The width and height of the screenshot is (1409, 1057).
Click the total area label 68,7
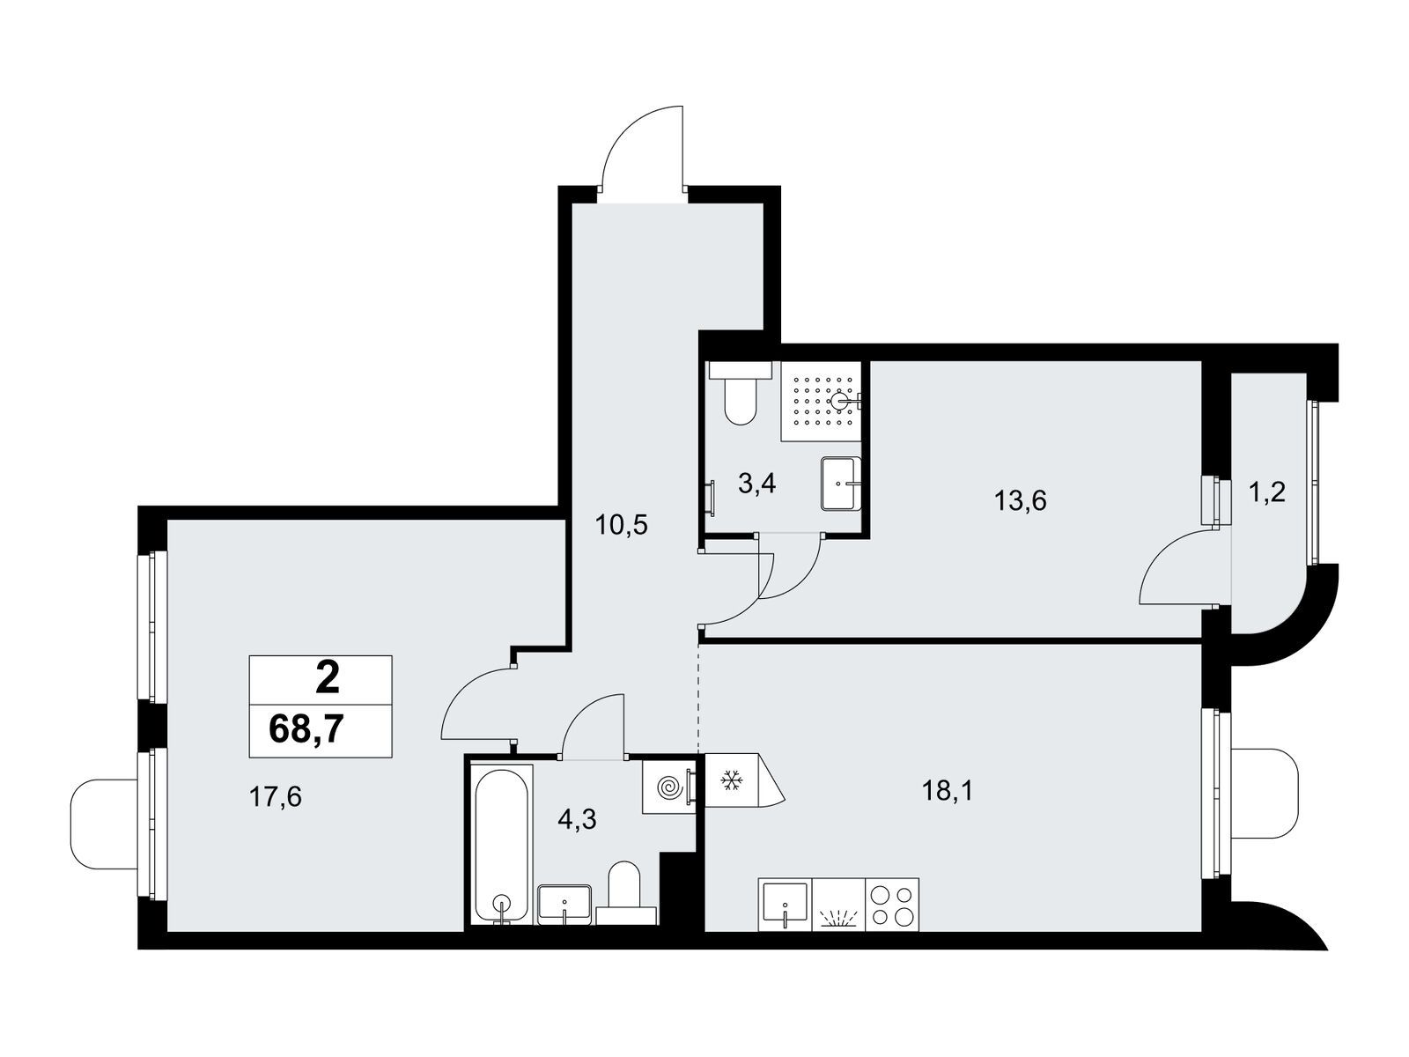(306, 728)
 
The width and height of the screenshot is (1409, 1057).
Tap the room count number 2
(328, 679)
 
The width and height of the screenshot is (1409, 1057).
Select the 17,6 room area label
(275, 797)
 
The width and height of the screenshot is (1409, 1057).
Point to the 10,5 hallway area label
(622, 526)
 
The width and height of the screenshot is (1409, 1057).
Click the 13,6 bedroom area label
(1020, 500)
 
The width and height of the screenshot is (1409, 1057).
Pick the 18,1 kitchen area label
(948, 791)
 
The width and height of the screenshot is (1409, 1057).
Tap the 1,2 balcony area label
(1267, 493)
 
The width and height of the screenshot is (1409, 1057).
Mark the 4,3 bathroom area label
(577, 819)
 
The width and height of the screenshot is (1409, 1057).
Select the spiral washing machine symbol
(669, 787)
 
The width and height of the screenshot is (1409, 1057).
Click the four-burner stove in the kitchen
(892, 905)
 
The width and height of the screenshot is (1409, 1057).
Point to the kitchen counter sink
(785, 905)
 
